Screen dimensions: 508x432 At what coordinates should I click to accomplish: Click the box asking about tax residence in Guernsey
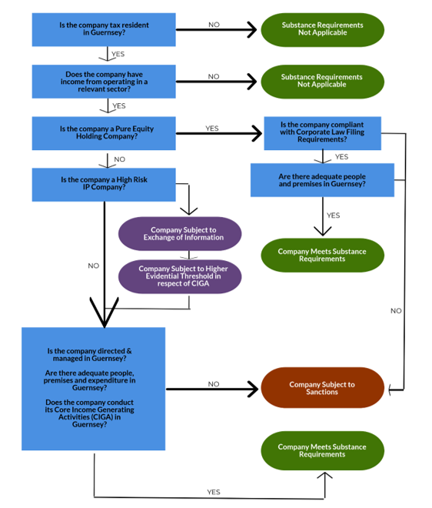pyautogui.click(x=104, y=28)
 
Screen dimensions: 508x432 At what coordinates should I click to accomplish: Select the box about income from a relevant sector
pyautogui.click(x=104, y=82)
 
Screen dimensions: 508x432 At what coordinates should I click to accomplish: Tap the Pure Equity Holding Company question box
pyautogui.click(x=104, y=132)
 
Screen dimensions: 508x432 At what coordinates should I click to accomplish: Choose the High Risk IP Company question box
pyautogui.click(x=104, y=184)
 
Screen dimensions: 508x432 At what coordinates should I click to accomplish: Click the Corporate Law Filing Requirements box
pyautogui.click(x=322, y=132)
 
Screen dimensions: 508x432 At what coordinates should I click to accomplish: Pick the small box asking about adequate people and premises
pyautogui.click(x=322, y=180)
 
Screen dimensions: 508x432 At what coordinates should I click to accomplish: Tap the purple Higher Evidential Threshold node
pyautogui.click(x=179, y=276)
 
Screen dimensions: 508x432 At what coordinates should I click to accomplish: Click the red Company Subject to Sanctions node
pyautogui.click(x=322, y=388)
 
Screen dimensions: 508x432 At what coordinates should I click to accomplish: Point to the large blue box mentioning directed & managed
pyautogui.click(x=94, y=389)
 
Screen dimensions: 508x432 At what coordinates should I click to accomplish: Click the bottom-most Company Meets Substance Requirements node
pyautogui.click(x=322, y=450)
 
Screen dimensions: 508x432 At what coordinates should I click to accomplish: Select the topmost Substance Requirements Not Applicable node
pyautogui.click(x=322, y=28)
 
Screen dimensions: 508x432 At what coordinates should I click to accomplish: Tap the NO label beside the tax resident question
pyautogui.click(x=214, y=25)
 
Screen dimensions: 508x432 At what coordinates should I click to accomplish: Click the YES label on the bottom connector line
pyautogui.click(x=214, y=491)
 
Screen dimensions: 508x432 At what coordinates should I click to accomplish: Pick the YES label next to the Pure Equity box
pyautogui.click(x=212, y=129)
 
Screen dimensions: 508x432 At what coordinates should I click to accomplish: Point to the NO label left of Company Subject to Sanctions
pyautogui.click(x=214, y=383)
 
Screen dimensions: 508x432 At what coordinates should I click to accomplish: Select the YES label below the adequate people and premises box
pyautogui.click(x=333, y=216)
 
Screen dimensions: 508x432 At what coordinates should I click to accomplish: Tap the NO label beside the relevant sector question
pyautogui.click(x=214, y=76)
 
